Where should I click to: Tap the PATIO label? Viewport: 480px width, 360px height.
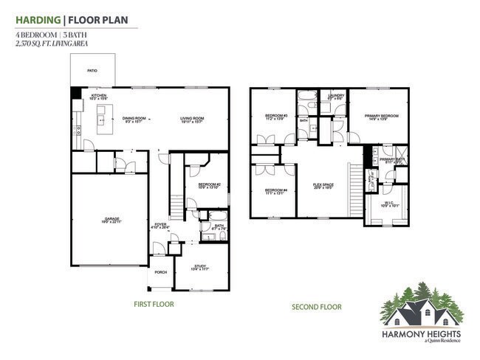92,71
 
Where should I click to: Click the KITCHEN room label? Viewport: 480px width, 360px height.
100,96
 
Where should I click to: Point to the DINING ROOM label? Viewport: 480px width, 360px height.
134,118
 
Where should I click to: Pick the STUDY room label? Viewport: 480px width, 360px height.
200,266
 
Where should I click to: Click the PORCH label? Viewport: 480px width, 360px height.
160,272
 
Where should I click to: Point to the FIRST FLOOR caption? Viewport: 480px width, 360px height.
154,304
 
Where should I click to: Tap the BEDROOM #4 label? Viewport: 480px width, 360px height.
275,192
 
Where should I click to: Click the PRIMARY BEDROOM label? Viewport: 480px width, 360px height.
380,116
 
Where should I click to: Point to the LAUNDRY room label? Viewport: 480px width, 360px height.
337,96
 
